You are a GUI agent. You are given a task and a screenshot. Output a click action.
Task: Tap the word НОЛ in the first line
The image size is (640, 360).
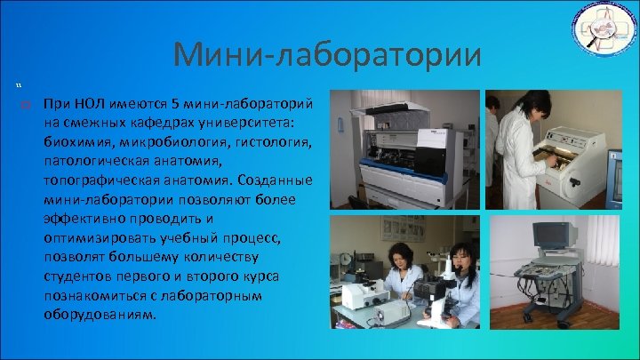pyautogui.click(x=86, y=101)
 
